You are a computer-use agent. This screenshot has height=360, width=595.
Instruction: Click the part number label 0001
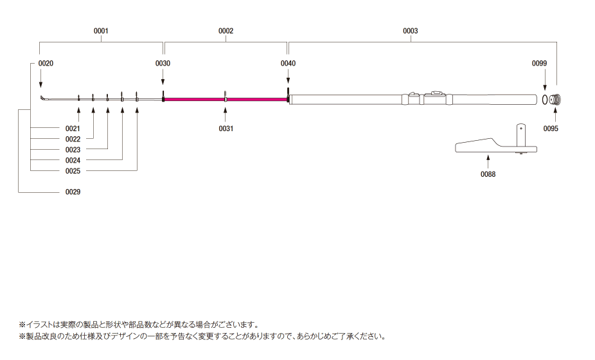(x=101, y=31)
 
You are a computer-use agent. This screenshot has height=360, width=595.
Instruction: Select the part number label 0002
(x=226, y=31)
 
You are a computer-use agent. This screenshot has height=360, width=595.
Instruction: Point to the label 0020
(x=46, y=64)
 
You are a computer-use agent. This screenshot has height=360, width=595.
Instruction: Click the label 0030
(x=163, y=64)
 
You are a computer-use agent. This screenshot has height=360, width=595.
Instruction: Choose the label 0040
(x=288, y=64)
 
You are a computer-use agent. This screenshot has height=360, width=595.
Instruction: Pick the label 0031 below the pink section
(x=226, y=129)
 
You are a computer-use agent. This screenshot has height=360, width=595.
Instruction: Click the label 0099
(x=539, y=64)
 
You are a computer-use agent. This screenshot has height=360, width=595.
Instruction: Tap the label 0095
(x=551, y=129)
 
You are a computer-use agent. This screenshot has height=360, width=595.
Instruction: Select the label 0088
(x=488, y=174)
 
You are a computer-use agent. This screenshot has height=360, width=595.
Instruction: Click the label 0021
(x=73, y=129)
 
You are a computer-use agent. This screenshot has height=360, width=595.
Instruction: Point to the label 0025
(x=73, y=170)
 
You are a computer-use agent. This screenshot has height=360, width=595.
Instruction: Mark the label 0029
(x=73, y=192)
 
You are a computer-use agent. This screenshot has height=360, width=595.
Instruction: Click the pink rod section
(x=193, y=99)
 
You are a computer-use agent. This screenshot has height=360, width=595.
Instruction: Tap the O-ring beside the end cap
(x=544, y=100)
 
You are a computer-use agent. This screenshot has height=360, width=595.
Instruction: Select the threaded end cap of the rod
(x=556, y=100)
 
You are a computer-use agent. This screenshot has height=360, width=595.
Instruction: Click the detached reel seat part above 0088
(x=495, y=145)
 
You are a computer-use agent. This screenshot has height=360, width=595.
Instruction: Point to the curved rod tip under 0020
(x=43, y=98)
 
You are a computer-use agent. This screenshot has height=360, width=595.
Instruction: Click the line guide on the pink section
(x=226, y=96)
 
